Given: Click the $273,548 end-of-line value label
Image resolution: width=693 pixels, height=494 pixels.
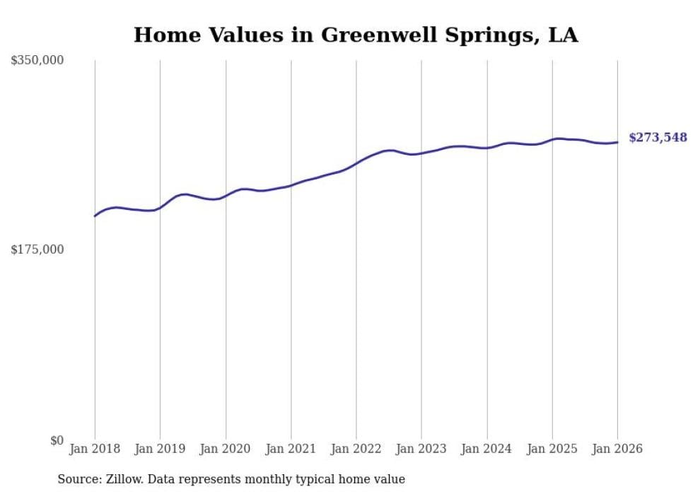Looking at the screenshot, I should tap(657, 138).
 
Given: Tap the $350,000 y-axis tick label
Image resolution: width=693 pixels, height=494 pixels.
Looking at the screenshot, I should tap(37, 61).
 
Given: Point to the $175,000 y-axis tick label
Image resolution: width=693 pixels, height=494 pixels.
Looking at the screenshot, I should tap(37, 249).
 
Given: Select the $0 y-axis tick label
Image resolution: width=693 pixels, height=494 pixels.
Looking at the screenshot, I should tap(57, 440).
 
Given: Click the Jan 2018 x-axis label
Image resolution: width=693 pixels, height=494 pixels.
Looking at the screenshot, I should tap(95, 449).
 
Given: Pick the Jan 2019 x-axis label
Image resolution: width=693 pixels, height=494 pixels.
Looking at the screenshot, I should tap(160, 449).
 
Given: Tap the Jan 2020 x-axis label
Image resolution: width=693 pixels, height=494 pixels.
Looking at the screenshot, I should tap(226, 449).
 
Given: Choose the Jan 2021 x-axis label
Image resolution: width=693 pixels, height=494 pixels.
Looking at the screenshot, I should tap(291, 449).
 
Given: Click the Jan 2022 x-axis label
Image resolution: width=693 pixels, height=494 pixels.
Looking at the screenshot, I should tap(356, 449).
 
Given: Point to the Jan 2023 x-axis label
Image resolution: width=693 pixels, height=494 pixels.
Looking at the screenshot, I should tap(421, 449).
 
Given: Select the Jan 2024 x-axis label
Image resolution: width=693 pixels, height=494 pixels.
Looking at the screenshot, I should tap(487, 449).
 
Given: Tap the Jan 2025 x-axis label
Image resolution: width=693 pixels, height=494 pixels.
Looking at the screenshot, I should tap(552, 449).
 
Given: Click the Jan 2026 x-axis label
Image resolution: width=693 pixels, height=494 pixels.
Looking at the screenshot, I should tap(617, 449).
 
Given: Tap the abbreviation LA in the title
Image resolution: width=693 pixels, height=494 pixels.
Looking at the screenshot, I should tap(564, 35).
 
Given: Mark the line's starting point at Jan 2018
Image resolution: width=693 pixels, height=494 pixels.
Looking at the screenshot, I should tap(95, 216).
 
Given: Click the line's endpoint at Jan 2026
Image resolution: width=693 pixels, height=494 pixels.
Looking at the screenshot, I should tap(617, 142).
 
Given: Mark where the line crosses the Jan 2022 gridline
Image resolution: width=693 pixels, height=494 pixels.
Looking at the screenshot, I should tap(356, 163).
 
